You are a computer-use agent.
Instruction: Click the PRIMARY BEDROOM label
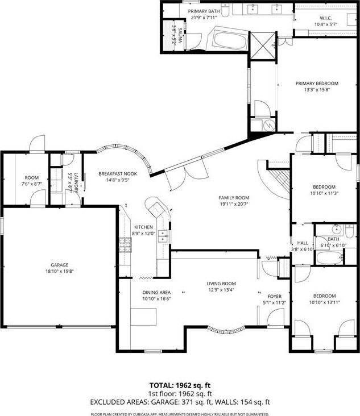point(316,84)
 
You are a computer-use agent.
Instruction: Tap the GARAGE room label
point(59,265)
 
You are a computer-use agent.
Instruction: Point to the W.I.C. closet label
point(325,18)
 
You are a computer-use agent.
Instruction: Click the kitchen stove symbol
point(125,244)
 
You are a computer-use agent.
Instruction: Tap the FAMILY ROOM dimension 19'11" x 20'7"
point(234,204)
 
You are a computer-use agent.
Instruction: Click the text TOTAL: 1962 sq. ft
point(180,385)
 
